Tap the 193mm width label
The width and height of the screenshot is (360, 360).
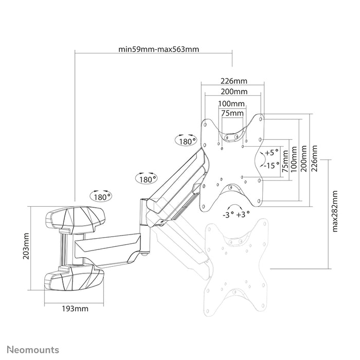coord(74,309)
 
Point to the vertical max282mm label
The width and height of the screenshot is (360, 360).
coord(335,211)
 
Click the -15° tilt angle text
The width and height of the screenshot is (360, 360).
coord(271,166)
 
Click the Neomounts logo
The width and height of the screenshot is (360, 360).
coord(32,350)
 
